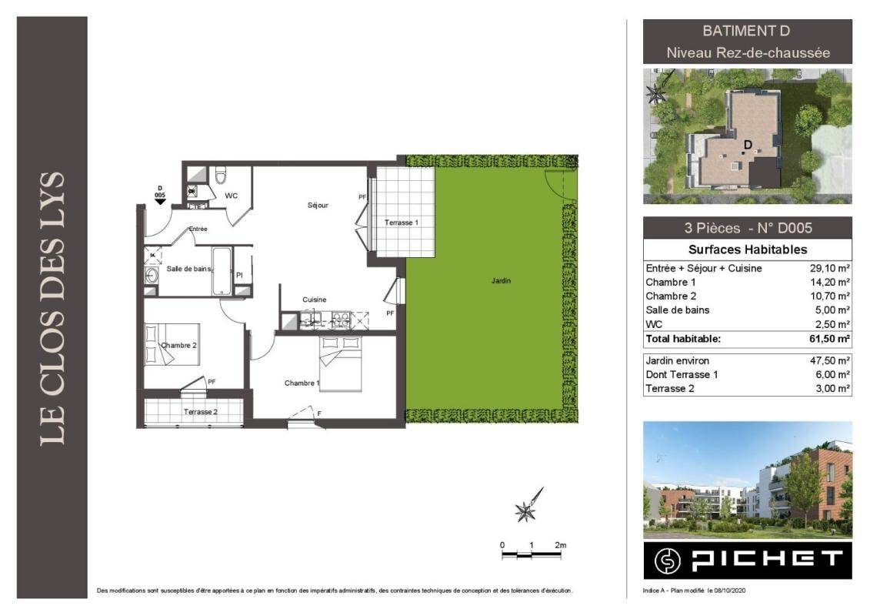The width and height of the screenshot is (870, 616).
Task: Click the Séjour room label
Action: pyautogui.click(x=318, y=206)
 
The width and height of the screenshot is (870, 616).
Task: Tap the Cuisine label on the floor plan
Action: pyautogui.click(x=314, y=300)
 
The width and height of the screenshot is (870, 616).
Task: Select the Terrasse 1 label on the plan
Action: pyautogui.click(x=402, y=223)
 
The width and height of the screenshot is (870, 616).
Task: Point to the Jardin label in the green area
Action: pyautogui.click(x=501, y=280)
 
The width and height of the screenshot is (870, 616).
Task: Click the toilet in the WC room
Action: pyautogui.click(x=221, y=175)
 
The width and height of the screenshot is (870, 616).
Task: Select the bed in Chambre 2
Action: pyautogui.click(x=172, y=344)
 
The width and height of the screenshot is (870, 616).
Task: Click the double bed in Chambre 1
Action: pyautogui.click(x=341, y=363)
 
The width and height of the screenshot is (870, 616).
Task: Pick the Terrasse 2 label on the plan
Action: pyautogui.click(x=200, y=412)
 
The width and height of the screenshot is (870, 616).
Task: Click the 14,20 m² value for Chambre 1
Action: pyautogui.click(x=829, y=282)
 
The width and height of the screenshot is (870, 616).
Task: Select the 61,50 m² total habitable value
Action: pyautogui.click(x=829, y=339)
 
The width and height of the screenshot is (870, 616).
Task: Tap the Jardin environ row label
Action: pyautogui.click(x=677, y=361)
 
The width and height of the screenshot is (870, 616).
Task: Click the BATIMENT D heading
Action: pyautogui.click(x=746, y=31)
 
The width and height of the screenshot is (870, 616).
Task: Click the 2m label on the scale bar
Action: pyautogui.click(x=561, y=545)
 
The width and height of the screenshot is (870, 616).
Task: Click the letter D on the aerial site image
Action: pyautogui.click(x=748, y=145)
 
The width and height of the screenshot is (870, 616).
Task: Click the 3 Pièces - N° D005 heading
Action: pyautogui.click(x=748, y=228)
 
